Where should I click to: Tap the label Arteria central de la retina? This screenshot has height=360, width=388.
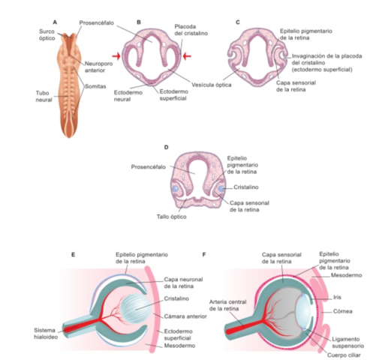pyautogui.click(x=227, y=304)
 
